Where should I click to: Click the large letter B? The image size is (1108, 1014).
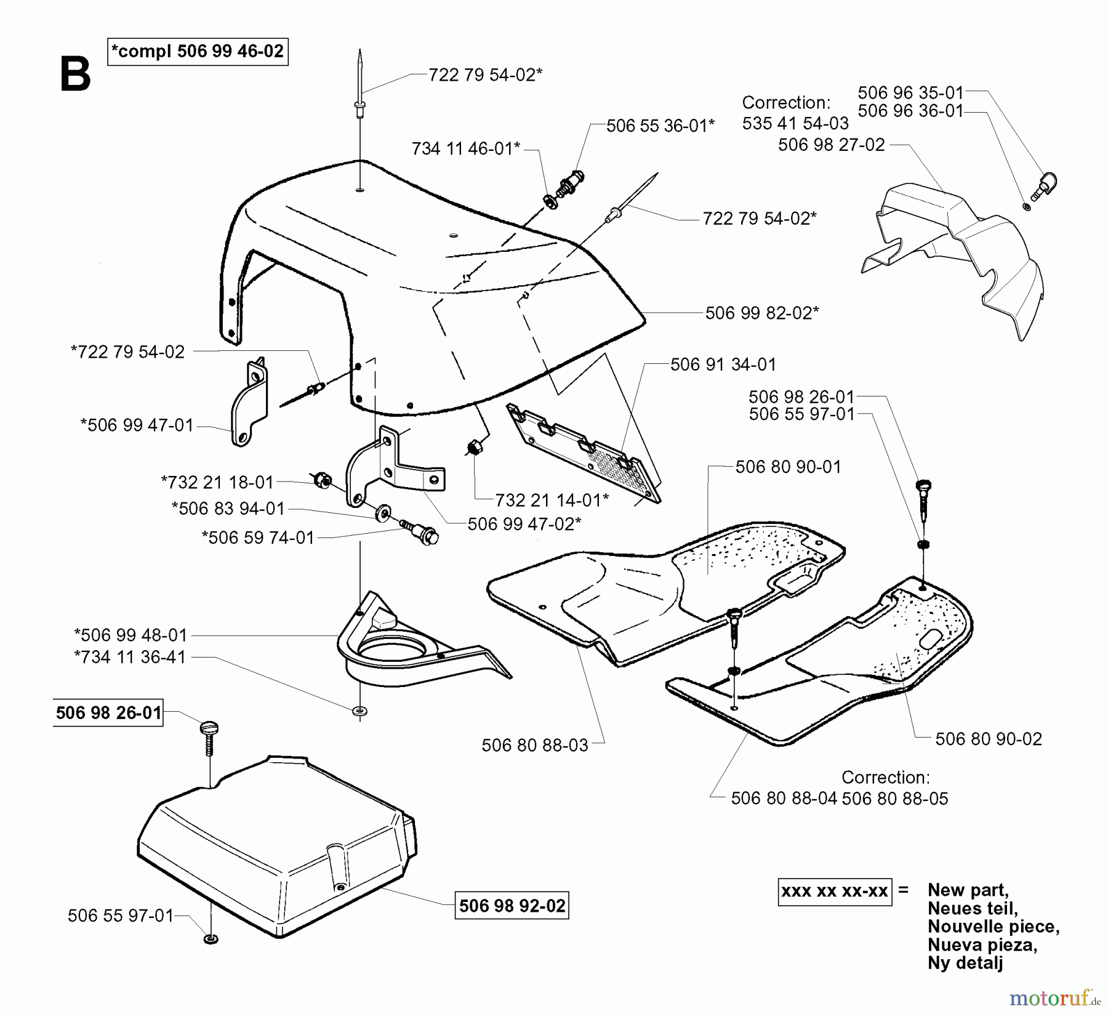coord(75,75)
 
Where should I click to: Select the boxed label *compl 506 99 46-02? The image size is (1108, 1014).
coord(198,51)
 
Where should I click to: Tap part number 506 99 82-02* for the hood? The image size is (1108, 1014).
coord(761,313)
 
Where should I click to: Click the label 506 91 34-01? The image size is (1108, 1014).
coord(723,364)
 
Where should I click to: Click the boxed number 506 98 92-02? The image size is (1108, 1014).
coord(512,906)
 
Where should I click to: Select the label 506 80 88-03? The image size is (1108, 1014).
coord(534,746)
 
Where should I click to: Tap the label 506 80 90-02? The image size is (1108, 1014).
coord(988,739)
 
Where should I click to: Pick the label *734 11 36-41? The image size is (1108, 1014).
coord(130,657)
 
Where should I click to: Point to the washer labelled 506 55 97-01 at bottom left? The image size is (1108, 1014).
coord(211,940)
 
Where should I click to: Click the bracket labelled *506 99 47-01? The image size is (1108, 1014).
coord(249,403)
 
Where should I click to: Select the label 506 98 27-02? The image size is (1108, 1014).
coord(831,145)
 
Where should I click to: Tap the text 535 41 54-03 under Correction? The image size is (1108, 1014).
coord(795,123)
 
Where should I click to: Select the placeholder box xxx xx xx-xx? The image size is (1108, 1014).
coord(833,891)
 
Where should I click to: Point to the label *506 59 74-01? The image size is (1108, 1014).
coord(258,537)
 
